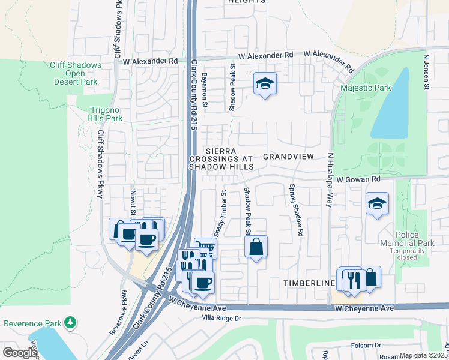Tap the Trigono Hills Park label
[106, 114]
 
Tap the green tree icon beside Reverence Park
[71, 323]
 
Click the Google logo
[20, 353]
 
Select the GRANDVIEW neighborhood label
[288, 157]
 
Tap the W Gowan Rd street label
[358, 179]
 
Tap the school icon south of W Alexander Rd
[264, 84]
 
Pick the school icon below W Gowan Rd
[377, 204]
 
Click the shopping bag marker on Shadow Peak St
[256, 247]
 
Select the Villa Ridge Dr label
[221, 318]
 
